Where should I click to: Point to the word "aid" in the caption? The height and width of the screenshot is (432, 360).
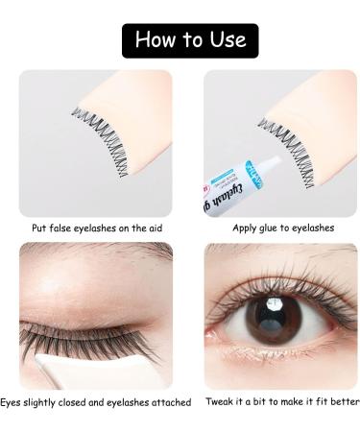pos(162,228)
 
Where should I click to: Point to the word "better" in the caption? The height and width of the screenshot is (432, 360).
pos(340,401)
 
